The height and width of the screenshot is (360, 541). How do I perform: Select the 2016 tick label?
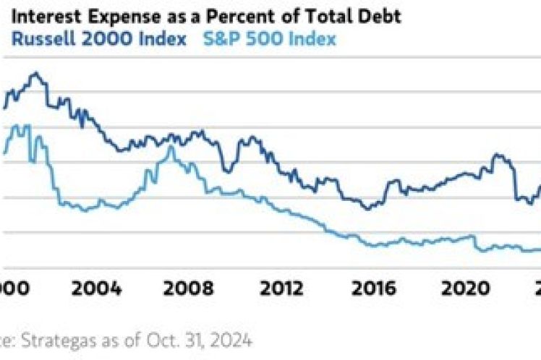point(374,288)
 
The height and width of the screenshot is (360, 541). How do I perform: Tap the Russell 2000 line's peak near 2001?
point(33,73)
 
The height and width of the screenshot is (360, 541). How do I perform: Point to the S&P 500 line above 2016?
point(374,246)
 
